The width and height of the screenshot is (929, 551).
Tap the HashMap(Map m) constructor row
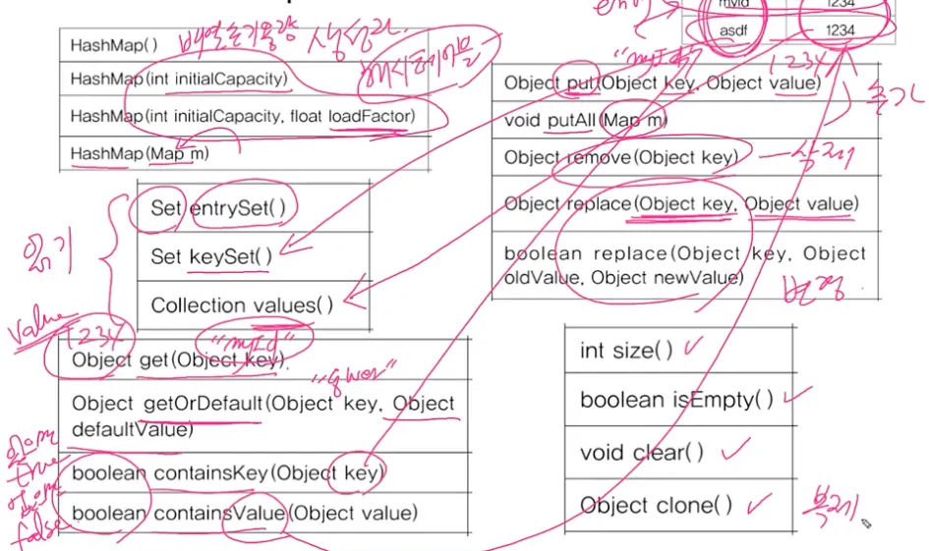pos(140,153)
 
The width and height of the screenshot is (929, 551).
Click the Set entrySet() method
pos(222,207)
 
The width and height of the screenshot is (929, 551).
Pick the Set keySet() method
pos(211,256)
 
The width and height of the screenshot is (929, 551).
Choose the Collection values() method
pos(242,305)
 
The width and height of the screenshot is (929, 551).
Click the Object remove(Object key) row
pos(620,157)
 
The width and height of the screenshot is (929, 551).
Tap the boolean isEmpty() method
pos(676,400)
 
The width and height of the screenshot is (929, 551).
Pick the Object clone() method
pos(656,506)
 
